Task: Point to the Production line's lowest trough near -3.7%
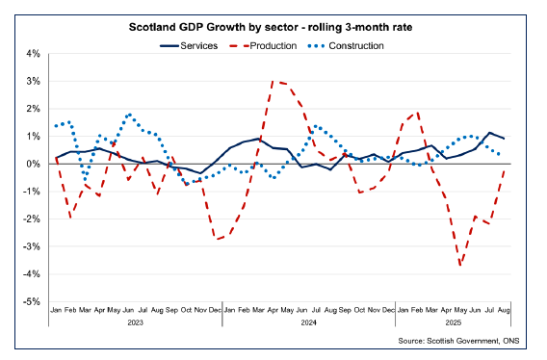(461, 265)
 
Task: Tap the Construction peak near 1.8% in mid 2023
(129, 115)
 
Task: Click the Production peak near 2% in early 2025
(417, 111)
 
